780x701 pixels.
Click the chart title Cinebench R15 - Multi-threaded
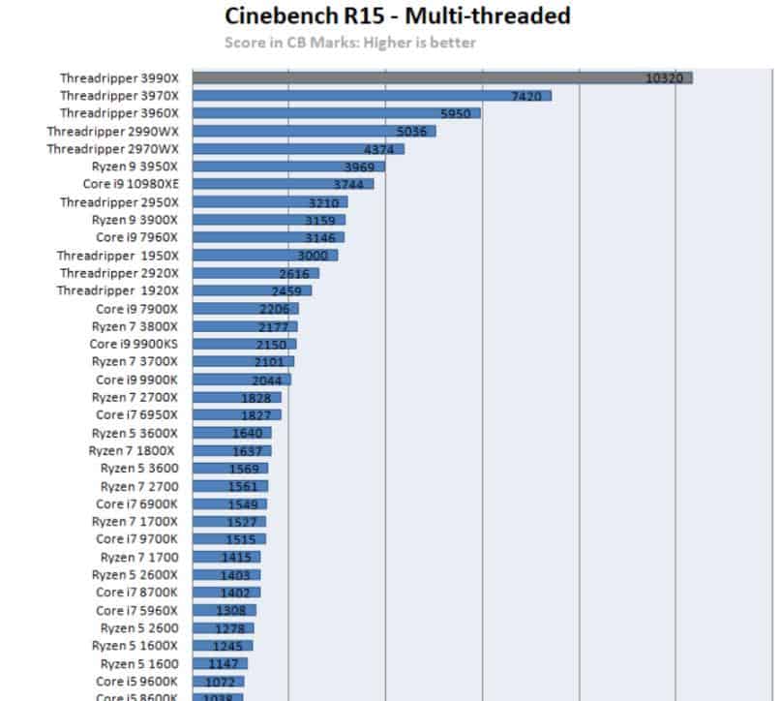[x=397, y=16]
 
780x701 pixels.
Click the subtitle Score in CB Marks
[x=349, y=43]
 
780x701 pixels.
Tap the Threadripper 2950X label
[x=119, y=202]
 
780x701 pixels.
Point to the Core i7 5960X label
[x=136, y=610]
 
